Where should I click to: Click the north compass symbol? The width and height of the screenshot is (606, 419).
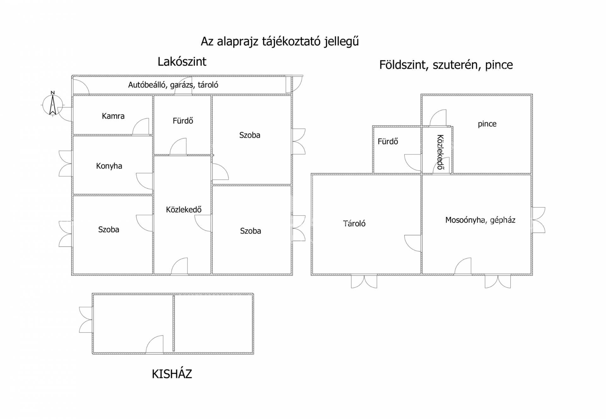53,104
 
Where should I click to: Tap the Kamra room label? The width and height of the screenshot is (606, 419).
113,116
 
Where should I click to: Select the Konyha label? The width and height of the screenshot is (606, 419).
109,166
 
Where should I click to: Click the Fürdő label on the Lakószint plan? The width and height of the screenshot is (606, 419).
183,121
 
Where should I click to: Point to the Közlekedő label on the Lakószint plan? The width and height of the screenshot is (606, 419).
184,209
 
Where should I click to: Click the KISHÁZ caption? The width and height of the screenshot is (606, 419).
172,374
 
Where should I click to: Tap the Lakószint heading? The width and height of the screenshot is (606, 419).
182,62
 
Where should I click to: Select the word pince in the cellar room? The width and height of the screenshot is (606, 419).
487,124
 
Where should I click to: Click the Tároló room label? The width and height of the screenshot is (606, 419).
354,224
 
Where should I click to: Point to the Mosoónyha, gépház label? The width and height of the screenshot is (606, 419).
480,220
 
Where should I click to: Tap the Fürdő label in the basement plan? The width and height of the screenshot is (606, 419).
388,141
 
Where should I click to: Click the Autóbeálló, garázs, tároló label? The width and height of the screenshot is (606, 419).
173,85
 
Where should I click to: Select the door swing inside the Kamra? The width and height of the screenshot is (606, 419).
140,126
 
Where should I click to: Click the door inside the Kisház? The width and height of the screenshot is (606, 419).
155,344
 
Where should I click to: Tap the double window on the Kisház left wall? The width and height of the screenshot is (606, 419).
86,320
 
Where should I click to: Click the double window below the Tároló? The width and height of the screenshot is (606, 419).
364,281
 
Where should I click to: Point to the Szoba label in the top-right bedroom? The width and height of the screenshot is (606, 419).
250,135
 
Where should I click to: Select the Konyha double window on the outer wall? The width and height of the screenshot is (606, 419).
66,163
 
